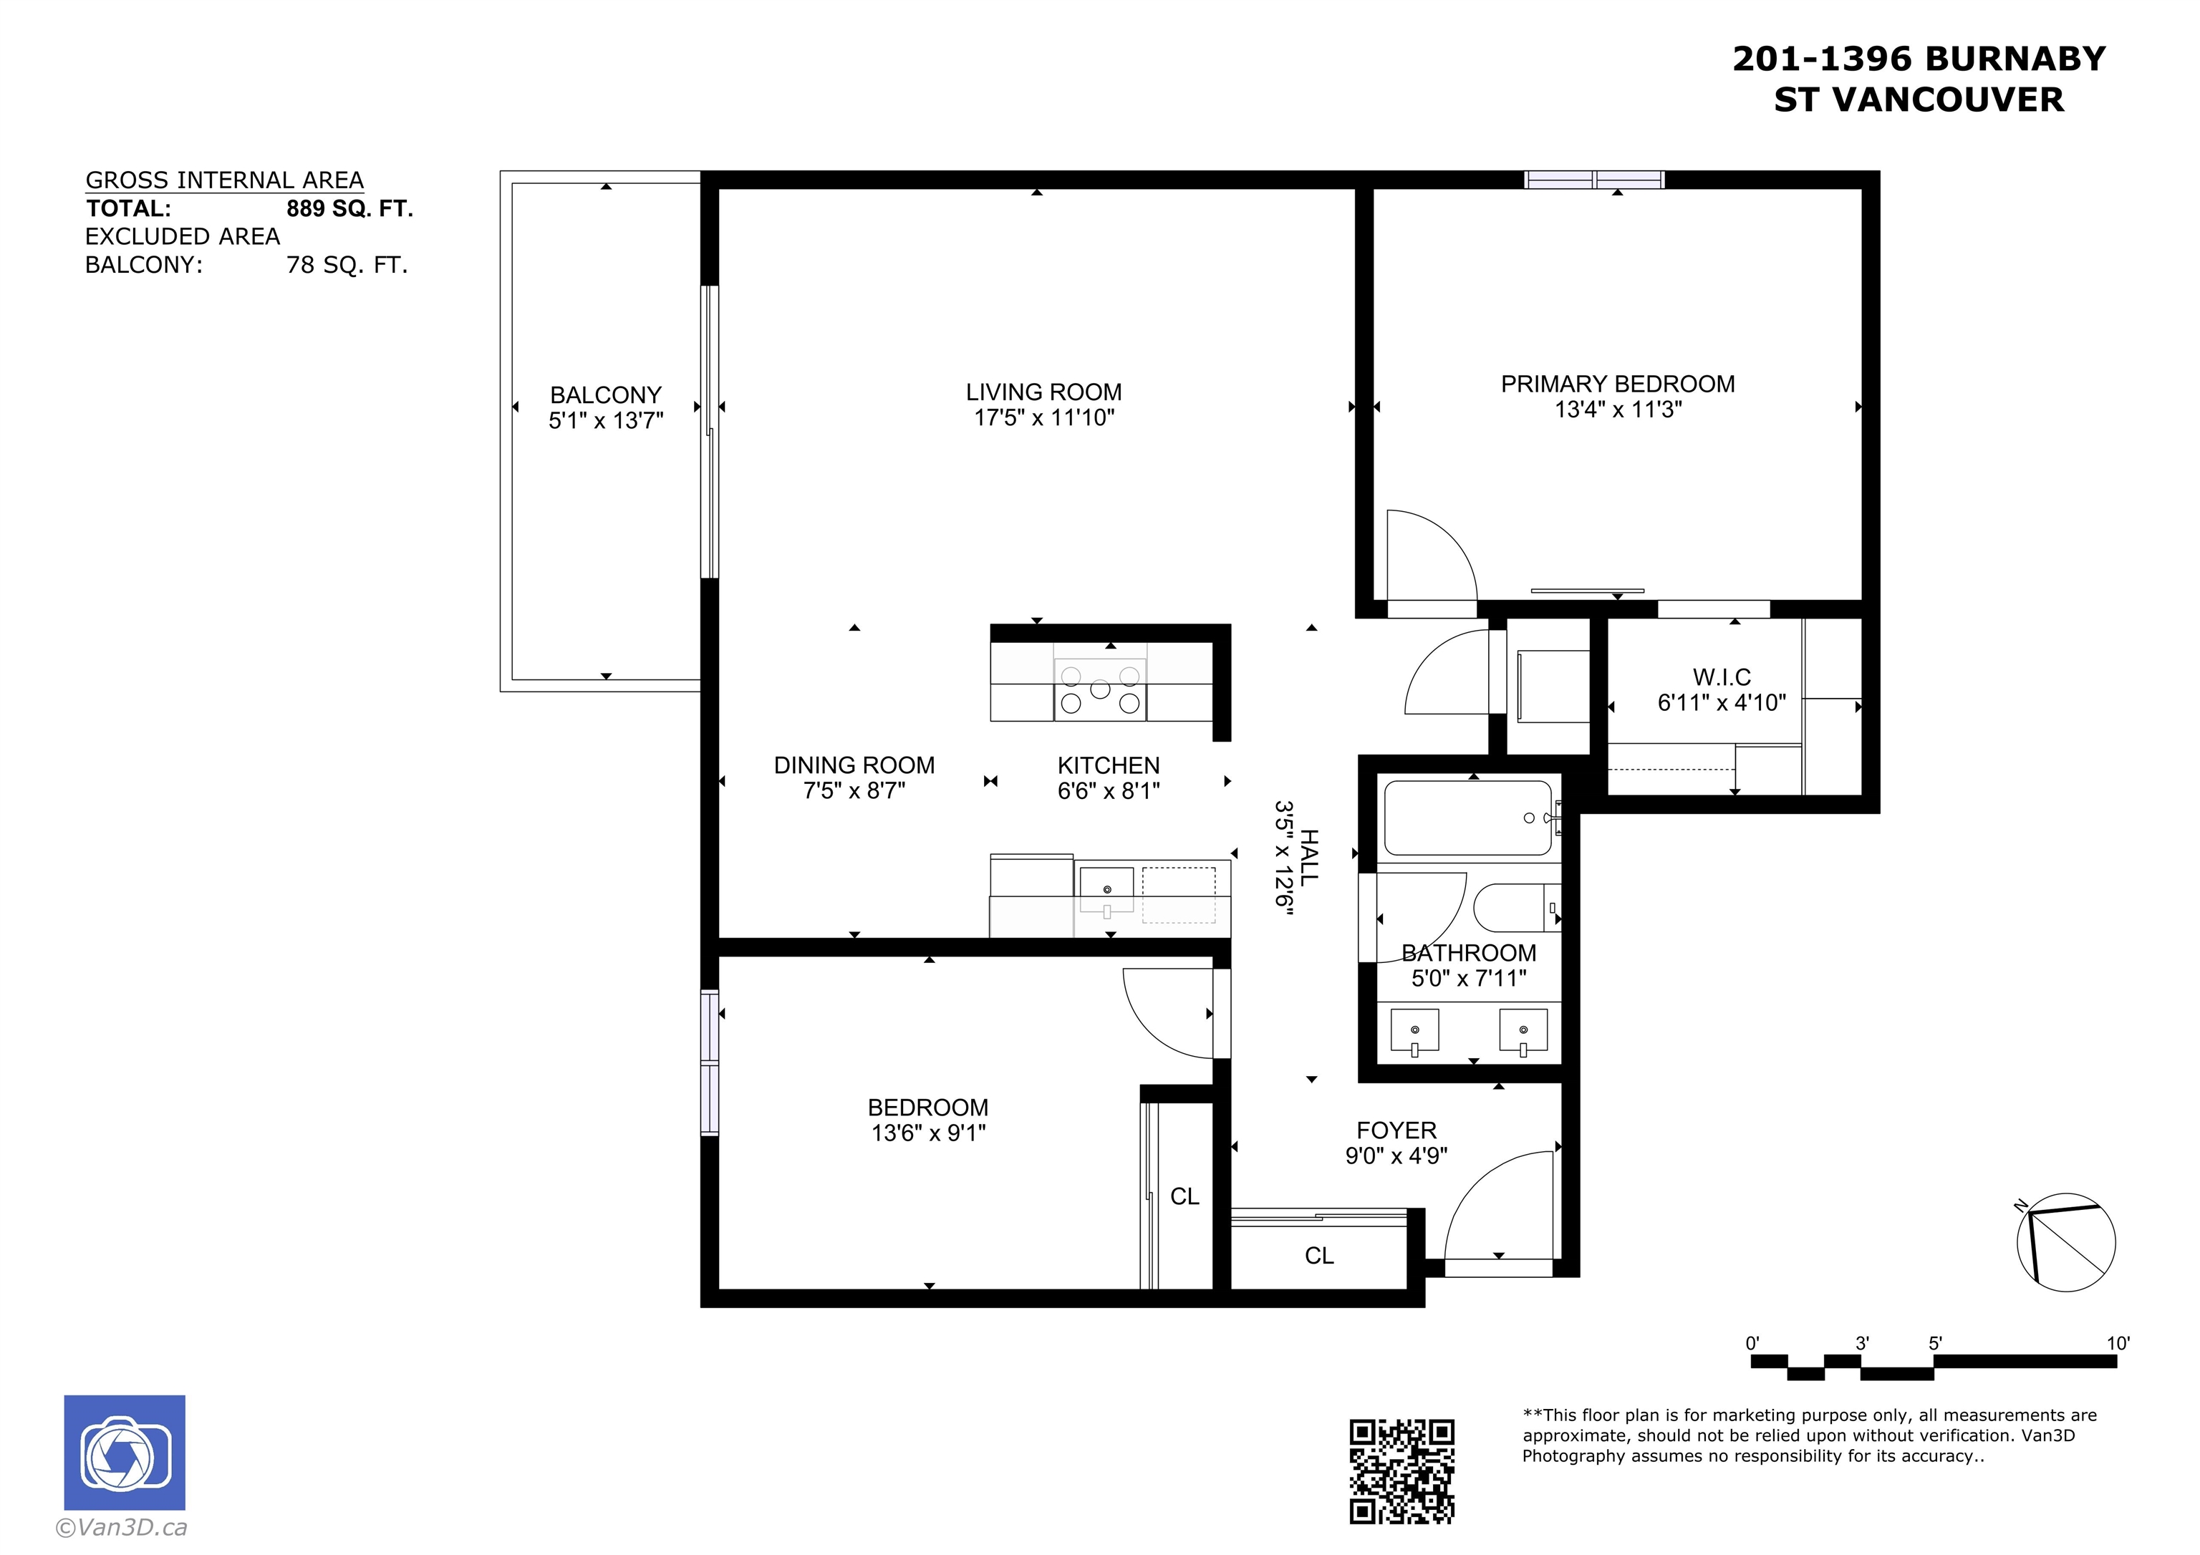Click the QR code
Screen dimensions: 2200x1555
(1401, 1471)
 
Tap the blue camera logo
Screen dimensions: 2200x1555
(125, 1453)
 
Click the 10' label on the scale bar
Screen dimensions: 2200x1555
(2118, 1343)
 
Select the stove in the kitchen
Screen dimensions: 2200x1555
(1100, 690)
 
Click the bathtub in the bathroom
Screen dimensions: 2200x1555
(1468, 818)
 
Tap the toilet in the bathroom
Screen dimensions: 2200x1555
(1517, 907)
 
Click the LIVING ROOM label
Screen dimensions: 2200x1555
(1043, 392)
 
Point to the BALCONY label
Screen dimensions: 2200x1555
(606, 394)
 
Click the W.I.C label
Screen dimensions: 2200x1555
(1721, 677)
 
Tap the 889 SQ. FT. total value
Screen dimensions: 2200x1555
(349, 209)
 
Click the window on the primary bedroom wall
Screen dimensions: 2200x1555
(1594, 179)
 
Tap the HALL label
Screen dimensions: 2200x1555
(1309, 858)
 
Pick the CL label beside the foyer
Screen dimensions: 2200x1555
(1318, 1256)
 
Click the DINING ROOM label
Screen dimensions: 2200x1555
(854, 765)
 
